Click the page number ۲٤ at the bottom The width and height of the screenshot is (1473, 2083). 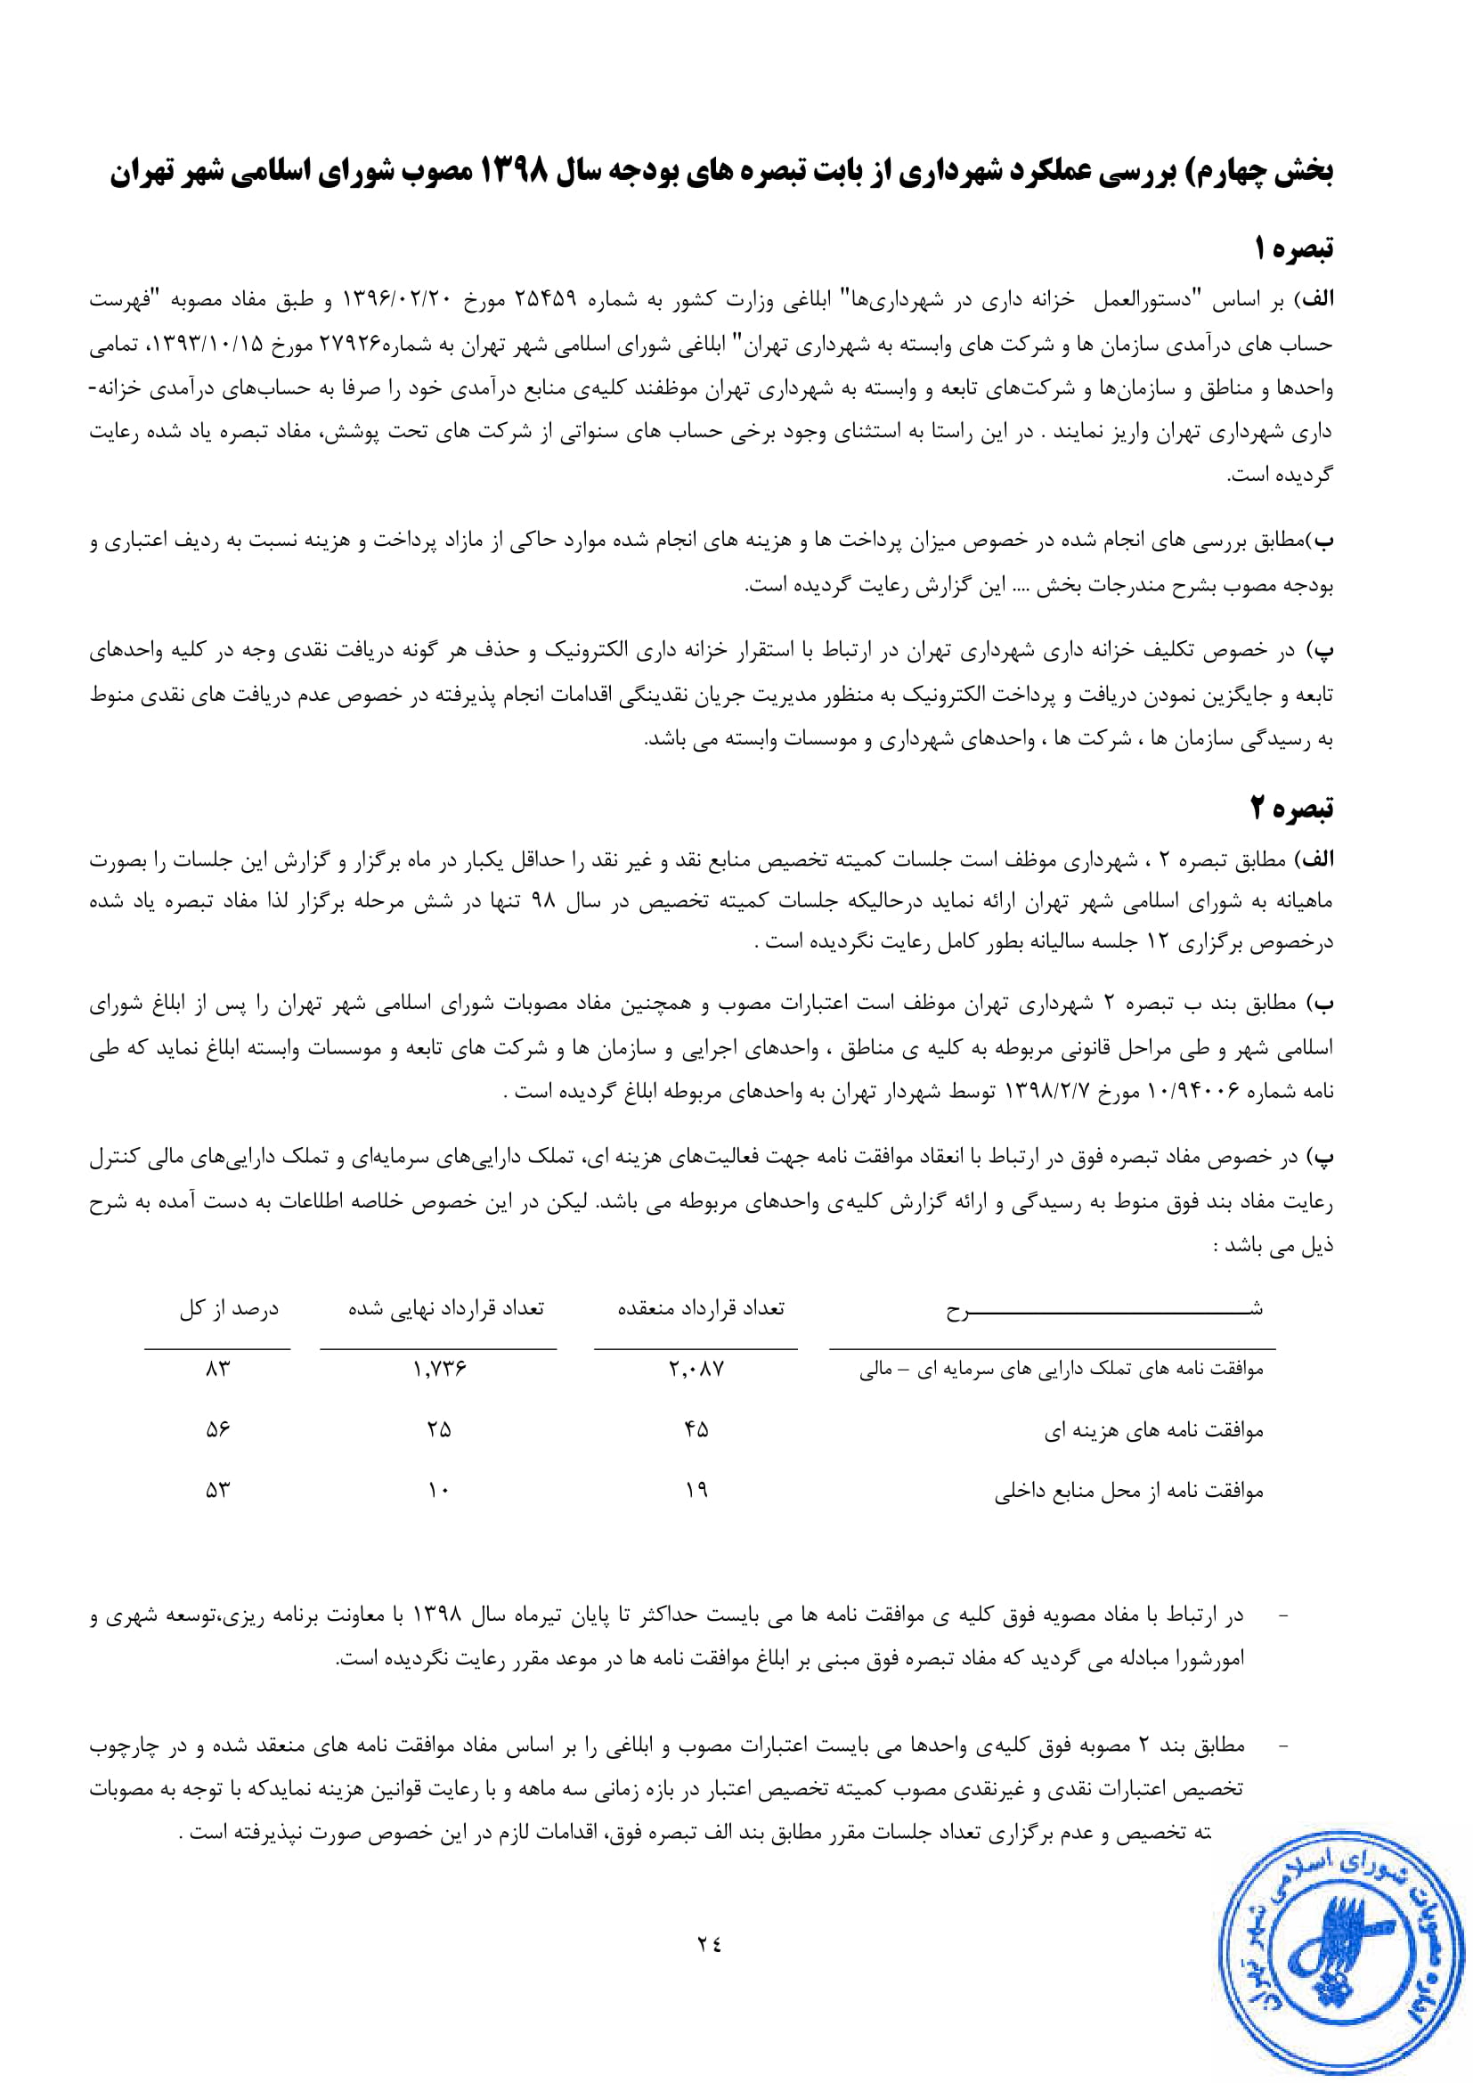[x=709, y=1943]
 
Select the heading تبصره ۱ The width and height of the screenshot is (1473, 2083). [x=1293, y=248]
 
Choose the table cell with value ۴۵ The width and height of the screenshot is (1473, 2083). [x=696, y=1430]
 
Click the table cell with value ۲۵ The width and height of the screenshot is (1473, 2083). [x=439, y=1430]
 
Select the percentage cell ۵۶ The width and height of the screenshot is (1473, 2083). [x=217, y=1430]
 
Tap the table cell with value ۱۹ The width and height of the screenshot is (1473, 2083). [x=696, y=1490]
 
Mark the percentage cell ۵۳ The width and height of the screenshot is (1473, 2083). [x=217, y=1490]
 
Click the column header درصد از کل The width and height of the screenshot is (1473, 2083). [x=229, y=1308]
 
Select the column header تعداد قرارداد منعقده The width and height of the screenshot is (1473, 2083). [x=700, y=1308]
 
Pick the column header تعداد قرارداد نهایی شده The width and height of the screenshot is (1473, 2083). [x=446, y=1308]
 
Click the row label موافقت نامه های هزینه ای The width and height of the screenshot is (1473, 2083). [x=1153, y=1431]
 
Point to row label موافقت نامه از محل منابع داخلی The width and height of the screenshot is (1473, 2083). [x=1128, y=1491]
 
